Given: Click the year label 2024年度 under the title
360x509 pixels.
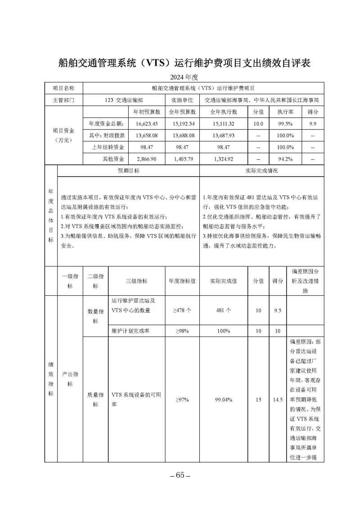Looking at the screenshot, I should coord(180,77).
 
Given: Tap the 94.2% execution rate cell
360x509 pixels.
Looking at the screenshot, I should coord(285,159).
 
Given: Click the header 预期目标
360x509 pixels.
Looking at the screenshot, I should coord(128,171).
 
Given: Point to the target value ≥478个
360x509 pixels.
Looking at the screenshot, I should coord(182,310).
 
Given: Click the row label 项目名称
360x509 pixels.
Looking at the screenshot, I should coord(63,89).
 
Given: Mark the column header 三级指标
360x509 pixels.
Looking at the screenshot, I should coord(136,281).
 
